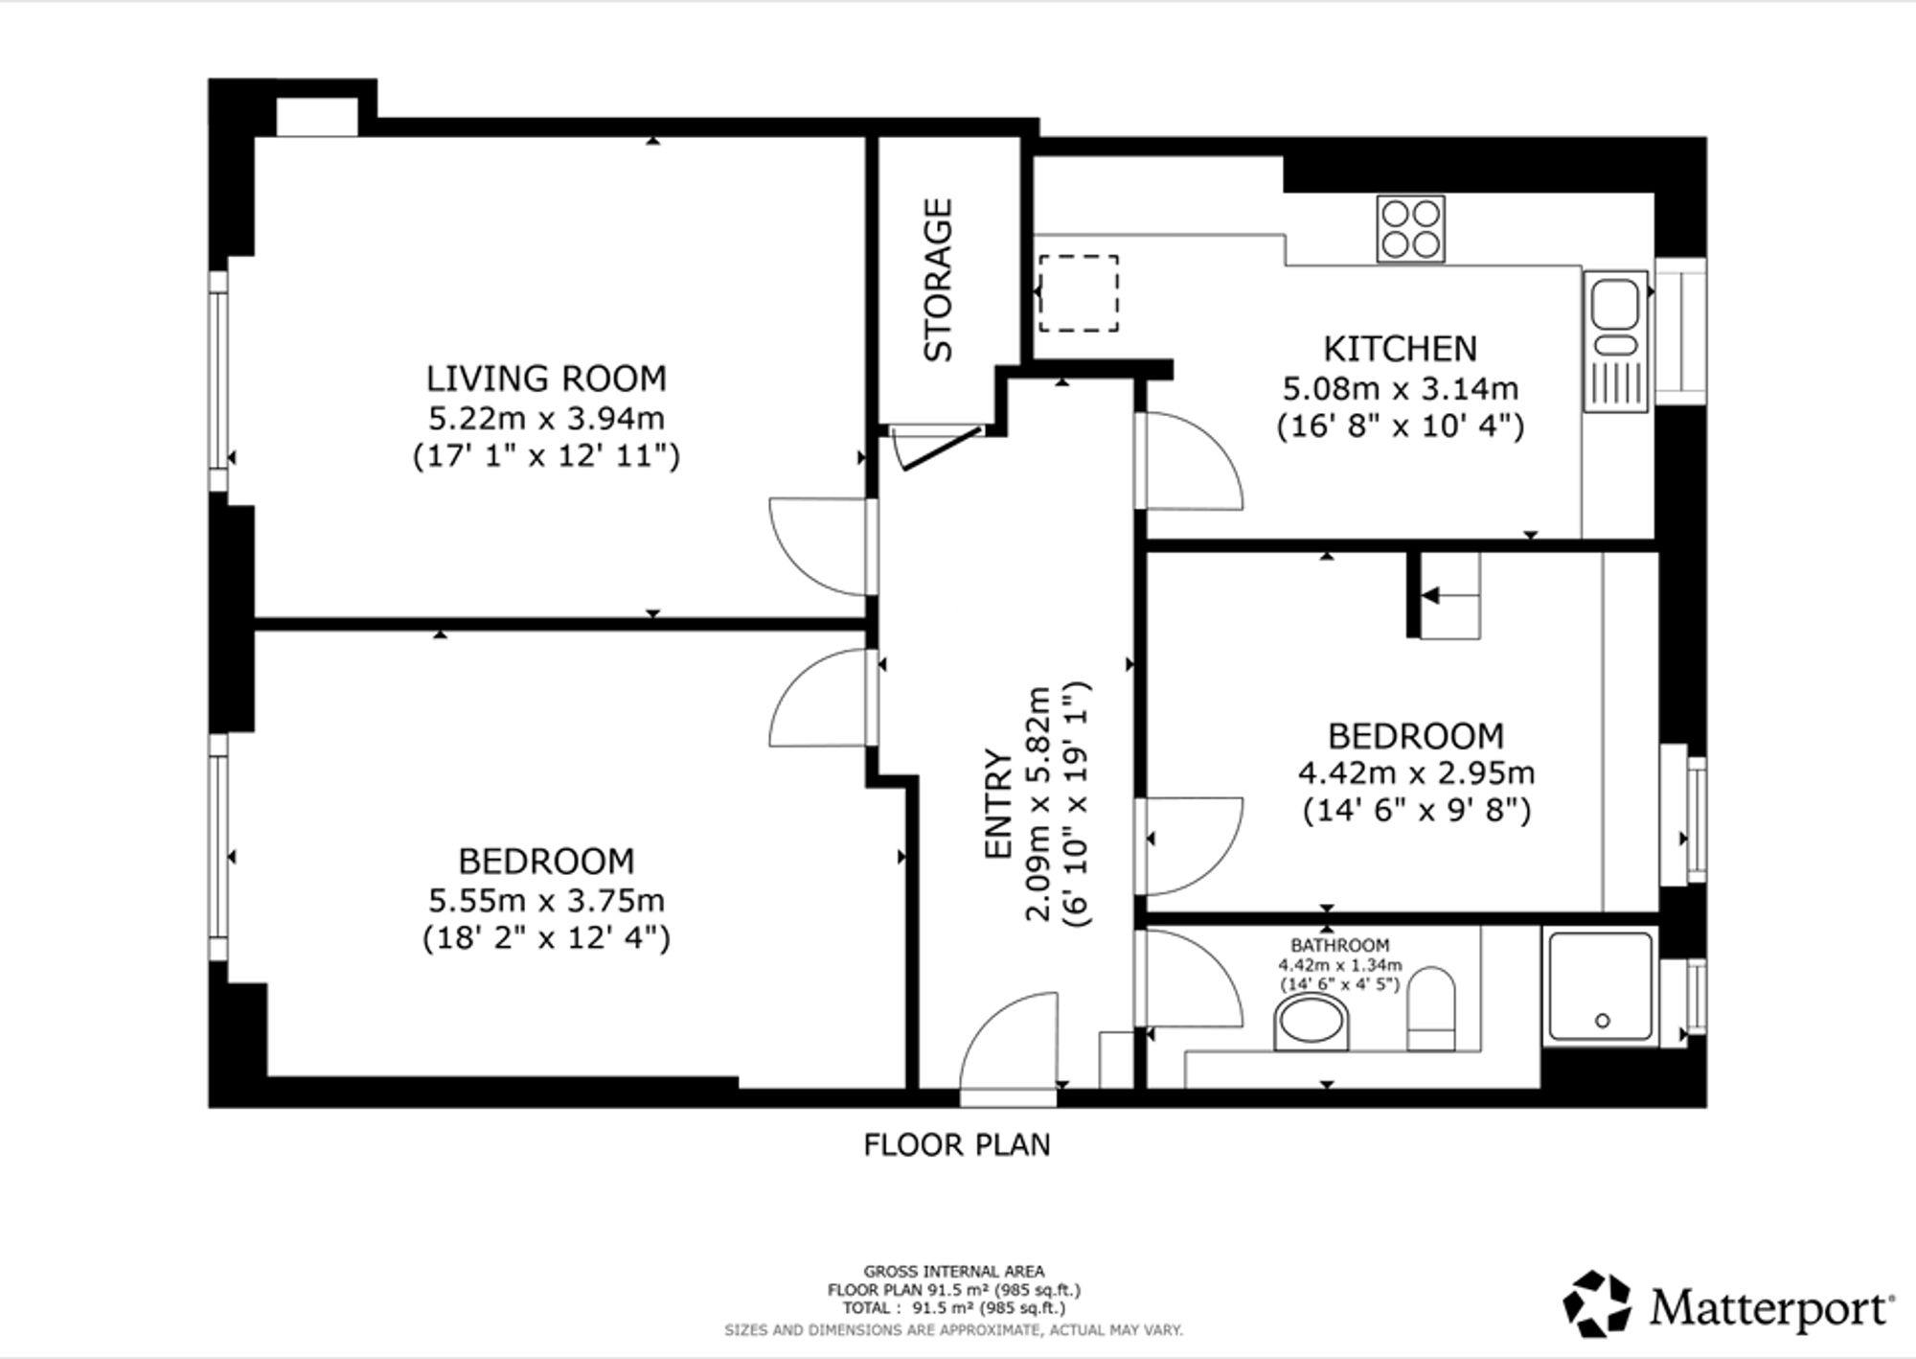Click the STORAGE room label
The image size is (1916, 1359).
[939, 280]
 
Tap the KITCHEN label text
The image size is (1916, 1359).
[1401, 349]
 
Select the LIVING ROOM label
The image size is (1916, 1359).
[546, 379]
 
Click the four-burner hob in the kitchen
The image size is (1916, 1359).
[1410, 229]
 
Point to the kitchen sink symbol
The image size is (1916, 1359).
[1615, 342]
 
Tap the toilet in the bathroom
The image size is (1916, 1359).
[1431, 1009]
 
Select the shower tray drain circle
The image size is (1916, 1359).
[1603, 1022]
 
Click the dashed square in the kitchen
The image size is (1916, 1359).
[1079, 293]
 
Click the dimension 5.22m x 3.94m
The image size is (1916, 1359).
[546, 419]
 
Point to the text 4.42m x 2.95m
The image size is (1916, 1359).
[1416, 772]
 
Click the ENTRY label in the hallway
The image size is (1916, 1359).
[998, 805]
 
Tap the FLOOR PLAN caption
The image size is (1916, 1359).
[957, 1145]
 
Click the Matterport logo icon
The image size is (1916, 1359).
[1597, 1303]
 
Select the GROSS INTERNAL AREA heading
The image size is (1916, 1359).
[954, 1272]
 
